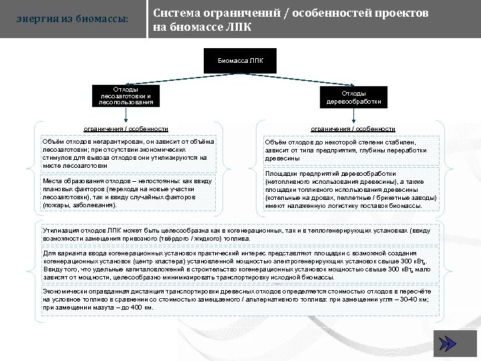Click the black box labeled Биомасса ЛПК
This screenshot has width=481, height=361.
click(240, 60)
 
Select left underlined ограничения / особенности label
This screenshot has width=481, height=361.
click(126, 128)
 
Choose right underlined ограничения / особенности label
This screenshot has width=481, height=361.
click(353, 128)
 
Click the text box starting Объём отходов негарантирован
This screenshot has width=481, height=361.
click(128, 154)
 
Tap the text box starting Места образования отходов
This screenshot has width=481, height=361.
click(128, 193)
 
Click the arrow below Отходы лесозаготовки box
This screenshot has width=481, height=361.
click(126, 116)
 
